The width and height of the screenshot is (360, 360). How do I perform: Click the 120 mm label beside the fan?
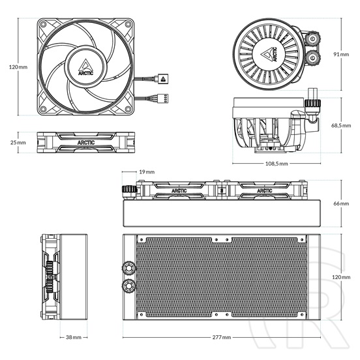click(18, 67)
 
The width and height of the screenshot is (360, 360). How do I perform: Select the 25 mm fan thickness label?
click(18, 142)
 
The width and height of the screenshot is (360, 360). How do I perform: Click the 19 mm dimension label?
click(147, 172)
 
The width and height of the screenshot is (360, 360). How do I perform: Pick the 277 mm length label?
click(222, 338)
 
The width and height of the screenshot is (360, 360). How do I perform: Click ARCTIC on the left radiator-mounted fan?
click(177, 191)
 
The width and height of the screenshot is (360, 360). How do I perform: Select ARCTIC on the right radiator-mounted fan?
click(264, 191)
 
